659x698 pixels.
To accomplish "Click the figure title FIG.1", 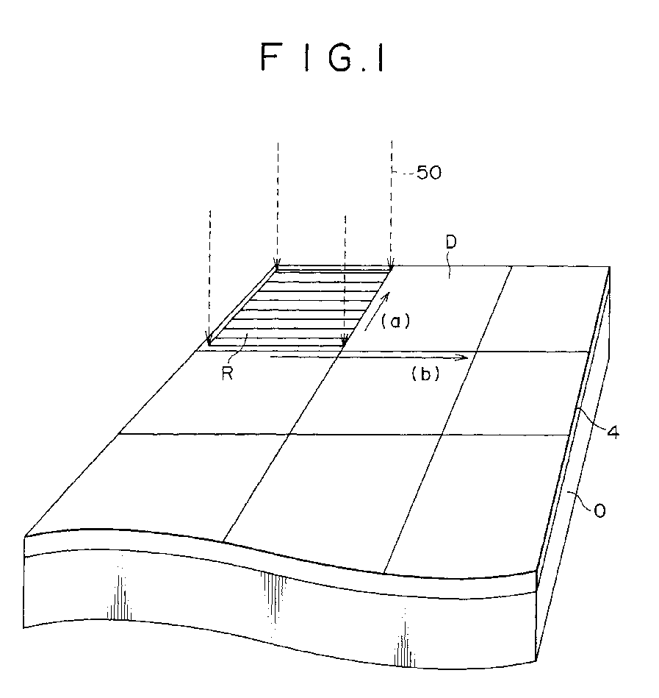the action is (323, 57).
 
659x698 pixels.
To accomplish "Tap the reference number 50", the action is (429, 173).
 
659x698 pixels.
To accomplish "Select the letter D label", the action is (451, 242).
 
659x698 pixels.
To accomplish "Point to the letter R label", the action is (227, 373).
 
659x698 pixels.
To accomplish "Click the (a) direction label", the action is (396, 321).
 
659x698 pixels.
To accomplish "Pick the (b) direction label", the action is (425, 373).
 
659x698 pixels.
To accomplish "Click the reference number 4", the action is (613, 432).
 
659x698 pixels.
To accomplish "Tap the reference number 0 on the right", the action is (599, 510).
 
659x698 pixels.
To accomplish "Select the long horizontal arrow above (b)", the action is (369, 357).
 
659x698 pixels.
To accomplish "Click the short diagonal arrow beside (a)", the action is (377, 311).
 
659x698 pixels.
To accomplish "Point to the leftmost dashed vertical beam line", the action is (209, 277).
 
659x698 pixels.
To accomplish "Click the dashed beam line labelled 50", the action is (392, 204).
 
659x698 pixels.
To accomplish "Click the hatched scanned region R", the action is (299, 306).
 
